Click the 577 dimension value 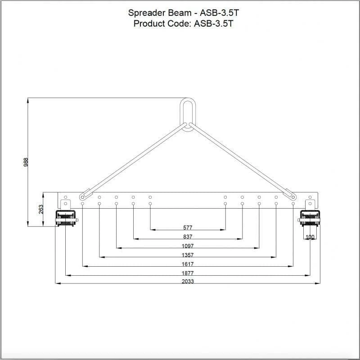(x=188, y=228)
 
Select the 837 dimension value (x=188, y=237)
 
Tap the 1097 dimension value (x=188, y=246)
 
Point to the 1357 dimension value (x=188, y=255)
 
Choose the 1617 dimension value (x=188, y=264)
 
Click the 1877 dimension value (x=188, y=273)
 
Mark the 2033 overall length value (x=188, y=282)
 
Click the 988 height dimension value (x=26, y=162)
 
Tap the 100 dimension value (x=310, y=237)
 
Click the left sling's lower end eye (x=82, y=197)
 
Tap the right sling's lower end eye (x=293, y=196)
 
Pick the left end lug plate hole (x=65, y=197)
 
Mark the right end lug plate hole (x=310, y=197)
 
